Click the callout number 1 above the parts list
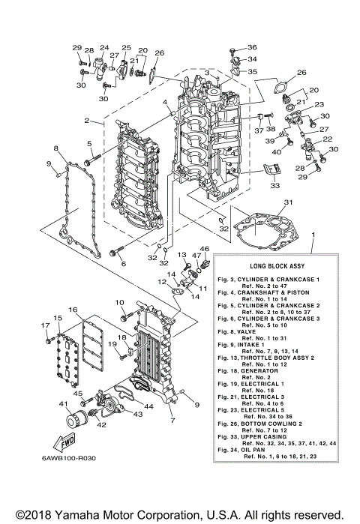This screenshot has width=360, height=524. [x=313, y=236]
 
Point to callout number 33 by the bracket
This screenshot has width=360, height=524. [x=275, y=185]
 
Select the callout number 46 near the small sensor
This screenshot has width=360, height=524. [x=204, y=249]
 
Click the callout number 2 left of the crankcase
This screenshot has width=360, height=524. [x=88, y=121]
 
